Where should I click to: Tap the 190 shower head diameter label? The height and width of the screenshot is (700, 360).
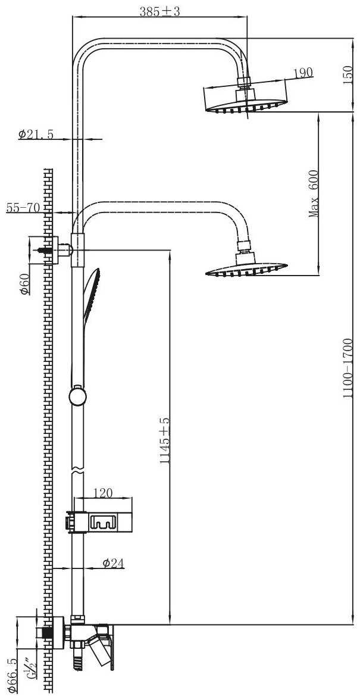[x=303, y=73]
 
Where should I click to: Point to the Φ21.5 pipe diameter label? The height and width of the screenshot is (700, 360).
[x=36, y=135]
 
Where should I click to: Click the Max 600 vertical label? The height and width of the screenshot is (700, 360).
[x=314, y=193]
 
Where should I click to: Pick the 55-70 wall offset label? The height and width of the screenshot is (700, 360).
[x=23, y=207]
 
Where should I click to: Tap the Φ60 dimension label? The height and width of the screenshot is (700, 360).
[x=25, y=285]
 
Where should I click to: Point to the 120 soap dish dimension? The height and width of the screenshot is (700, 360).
[x=103, y=493]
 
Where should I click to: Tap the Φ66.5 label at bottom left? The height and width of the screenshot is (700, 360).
[x=12, y=676]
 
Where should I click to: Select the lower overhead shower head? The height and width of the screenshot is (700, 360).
[x=245, y=267]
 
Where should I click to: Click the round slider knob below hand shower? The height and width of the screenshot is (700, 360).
[x=77, y=395]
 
